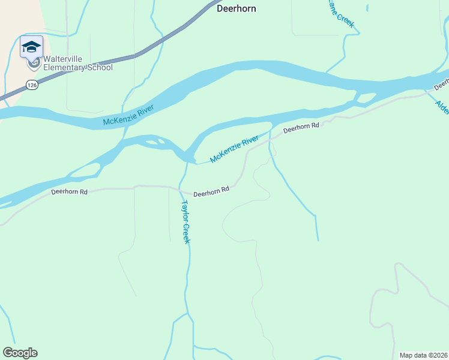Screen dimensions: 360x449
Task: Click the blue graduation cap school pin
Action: (x=31, y=47)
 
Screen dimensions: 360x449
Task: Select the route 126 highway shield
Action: (x=32, y=86)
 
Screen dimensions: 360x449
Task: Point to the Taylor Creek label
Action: (x=185, y=221)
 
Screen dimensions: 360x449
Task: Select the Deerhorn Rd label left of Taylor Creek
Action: (x=70, y=192)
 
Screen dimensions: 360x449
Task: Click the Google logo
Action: (x=20, y=353)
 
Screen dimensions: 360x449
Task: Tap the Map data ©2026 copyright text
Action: (x=423, y=355)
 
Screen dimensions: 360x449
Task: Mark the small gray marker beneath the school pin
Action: (x=34, y=62)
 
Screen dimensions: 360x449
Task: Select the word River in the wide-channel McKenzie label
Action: (x=145, y=109)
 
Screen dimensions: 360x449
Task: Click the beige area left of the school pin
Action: (x=9, y=48)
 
